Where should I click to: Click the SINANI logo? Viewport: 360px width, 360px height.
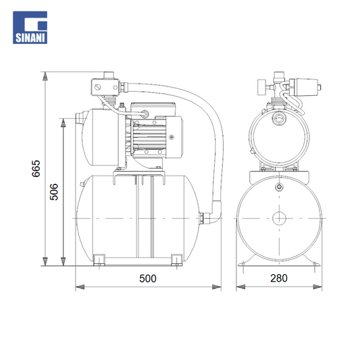point(30,27)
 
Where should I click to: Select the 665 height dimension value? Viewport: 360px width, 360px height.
point(36,169)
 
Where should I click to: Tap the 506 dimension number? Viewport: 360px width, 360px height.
point(54,192)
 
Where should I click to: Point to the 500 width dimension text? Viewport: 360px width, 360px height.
point(148,278)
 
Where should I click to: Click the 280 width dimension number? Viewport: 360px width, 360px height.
point(279,278)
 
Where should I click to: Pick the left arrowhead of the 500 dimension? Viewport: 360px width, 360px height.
point(80,287)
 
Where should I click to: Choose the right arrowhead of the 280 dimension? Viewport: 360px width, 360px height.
point(317,287)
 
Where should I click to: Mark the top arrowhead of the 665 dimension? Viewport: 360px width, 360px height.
point(45,76)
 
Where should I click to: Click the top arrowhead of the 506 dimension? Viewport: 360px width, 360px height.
point(63,123)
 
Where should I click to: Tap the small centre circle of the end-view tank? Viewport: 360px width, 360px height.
point(279,218)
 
